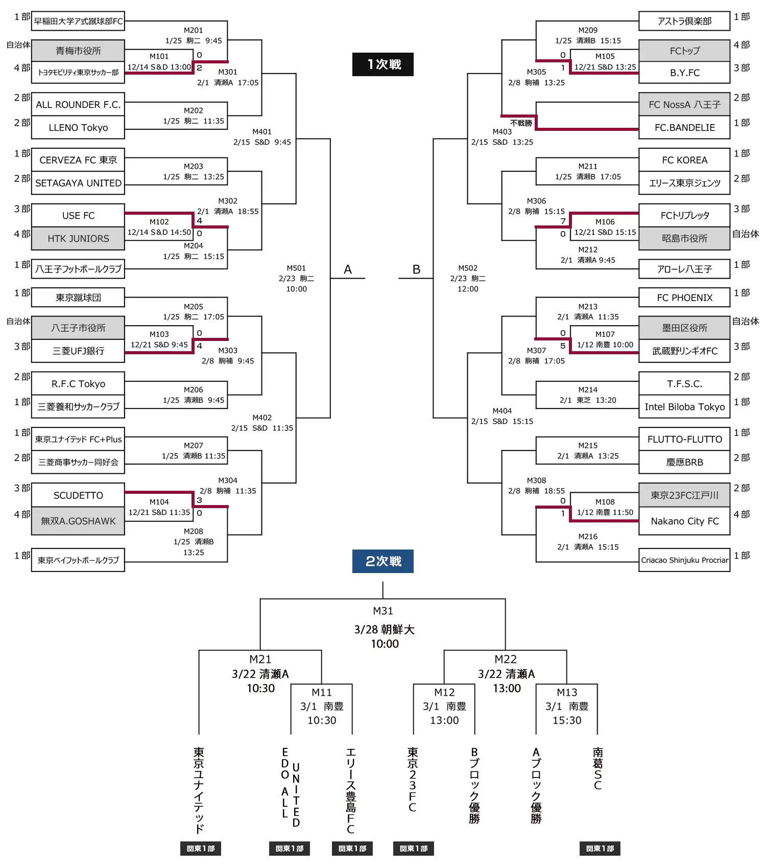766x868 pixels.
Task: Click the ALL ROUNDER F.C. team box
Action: pos(78,104)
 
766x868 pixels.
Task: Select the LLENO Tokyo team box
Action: pos(78,128)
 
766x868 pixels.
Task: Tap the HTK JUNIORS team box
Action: pos(78,239)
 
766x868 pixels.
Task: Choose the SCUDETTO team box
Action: pos(78,495)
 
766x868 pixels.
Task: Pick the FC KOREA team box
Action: pos(684,160)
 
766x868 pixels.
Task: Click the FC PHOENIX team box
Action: pos(684,298)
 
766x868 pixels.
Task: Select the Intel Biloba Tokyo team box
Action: pos(684,407)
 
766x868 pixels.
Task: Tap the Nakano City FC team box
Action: pos(684,521)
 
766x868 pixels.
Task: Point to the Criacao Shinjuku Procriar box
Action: pos(684,560)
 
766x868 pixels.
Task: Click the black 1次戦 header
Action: pos(383,64)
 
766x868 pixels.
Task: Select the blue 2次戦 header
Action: pos(383,561)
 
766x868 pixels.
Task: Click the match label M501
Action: pos(296,268)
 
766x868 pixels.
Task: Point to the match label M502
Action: pos(468,268)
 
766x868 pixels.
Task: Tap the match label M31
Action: pos(383,611)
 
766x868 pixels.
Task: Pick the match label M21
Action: pos(260,659)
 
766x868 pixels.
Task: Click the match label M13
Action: pos(567,693)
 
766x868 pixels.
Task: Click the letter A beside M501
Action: pos(348,269)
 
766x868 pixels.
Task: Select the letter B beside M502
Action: pos(417,269)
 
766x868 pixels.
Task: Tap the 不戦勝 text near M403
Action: pos(521,123)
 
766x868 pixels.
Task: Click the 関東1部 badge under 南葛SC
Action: pos(600,849)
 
